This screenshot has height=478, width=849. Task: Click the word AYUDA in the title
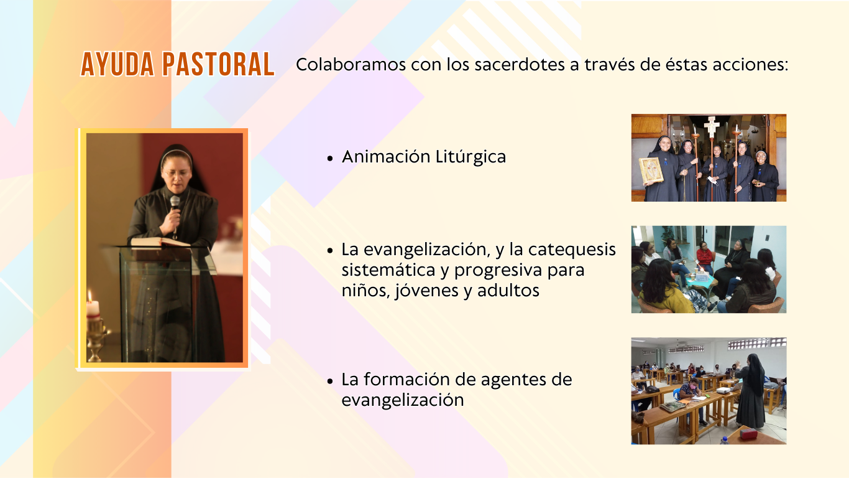tap(117, 64)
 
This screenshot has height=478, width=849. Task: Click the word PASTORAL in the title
tap(218, 64)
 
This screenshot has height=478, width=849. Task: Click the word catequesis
tap(572, 250)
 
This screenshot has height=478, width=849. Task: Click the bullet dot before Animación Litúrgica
tap(330, 158)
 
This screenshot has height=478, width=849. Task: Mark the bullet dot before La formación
tap(330, 381)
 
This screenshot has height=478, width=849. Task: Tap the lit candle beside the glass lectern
tap(93, 306)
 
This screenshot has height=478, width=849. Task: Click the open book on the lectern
tap(159, 242)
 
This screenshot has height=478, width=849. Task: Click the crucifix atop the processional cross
tap(712, 126)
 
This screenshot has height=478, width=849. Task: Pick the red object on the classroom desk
tap(748, 433)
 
